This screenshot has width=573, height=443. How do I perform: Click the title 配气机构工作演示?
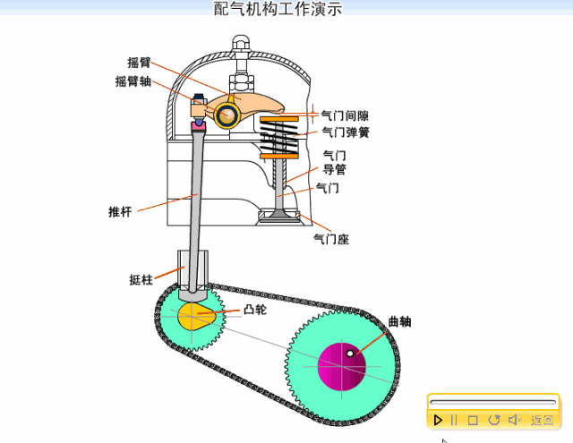[x=278, y=9]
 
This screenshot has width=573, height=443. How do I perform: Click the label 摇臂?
[x=139, y=63]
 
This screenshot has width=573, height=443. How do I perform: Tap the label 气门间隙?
[x=346, y=115]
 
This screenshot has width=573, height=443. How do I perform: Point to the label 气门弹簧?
[x=346, y=132]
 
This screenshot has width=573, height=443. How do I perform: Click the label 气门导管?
[x=334, y=162]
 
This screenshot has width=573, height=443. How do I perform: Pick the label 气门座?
[x=330, y=239]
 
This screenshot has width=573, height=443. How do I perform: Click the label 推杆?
[x=120, y=212]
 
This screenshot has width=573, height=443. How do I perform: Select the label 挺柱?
[x=142, y=279]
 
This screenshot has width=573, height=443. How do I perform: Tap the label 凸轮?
[x=254, y=310]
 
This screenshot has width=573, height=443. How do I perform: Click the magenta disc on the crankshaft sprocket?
[x=342, y=365]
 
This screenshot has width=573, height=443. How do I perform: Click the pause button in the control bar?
[x=454, y=420]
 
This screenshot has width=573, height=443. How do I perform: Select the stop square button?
[x=473, y=420]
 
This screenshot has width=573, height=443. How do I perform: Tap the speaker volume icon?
[x=515, y=420]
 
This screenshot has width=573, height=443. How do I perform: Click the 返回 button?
[x=543, y=420]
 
